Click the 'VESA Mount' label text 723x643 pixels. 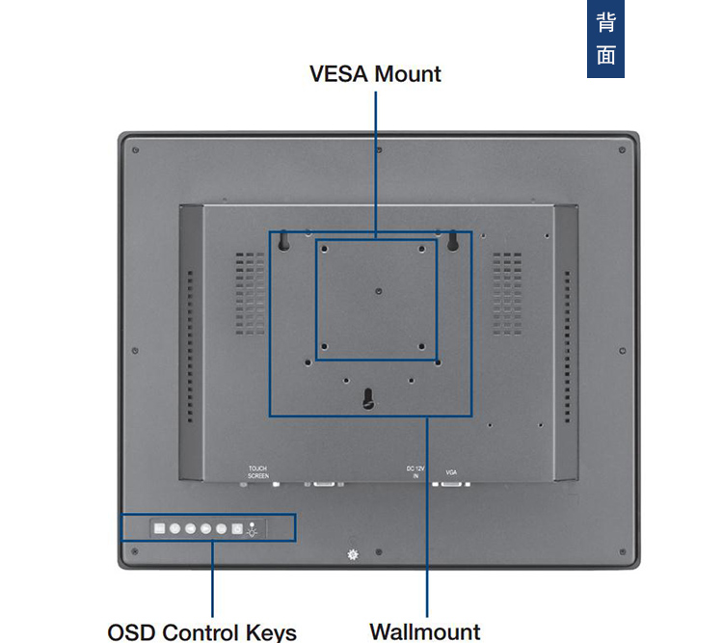pos(375,74)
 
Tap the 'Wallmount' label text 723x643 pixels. pos(424,631)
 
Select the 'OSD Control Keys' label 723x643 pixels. pos(201,631)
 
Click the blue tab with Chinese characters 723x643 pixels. pos(605,39)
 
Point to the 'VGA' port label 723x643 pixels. pos(451,472)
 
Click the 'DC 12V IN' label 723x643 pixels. pos(415,472)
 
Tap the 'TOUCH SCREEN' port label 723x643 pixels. pos(258,472)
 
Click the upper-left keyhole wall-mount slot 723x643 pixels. pos(284,241)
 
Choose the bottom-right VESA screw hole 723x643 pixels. pos(421,347)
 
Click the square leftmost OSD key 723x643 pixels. pos(159,528)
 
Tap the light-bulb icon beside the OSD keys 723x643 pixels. pos(253,528)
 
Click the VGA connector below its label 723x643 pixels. pos(451,483)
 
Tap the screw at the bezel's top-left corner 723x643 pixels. pos(134,151)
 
